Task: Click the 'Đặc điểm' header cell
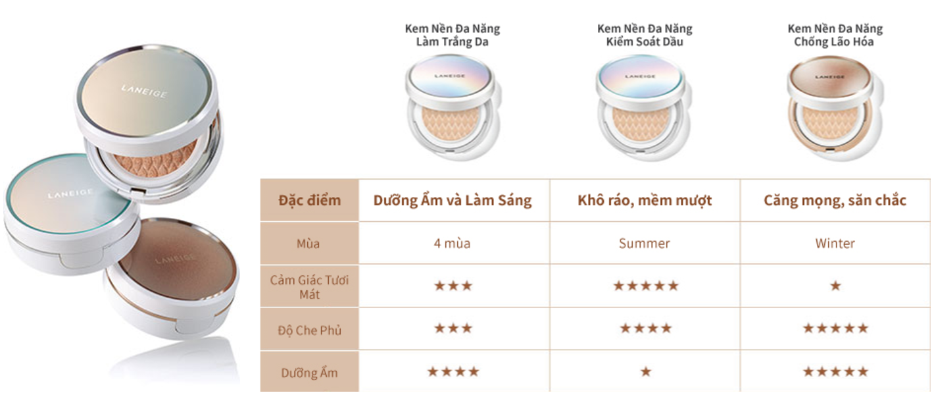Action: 309,200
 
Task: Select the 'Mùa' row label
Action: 308,244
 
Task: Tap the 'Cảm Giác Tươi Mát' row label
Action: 309,287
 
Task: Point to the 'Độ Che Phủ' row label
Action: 309,330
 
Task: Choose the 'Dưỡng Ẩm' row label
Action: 309,373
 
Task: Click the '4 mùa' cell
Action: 452,244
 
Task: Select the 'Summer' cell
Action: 644,244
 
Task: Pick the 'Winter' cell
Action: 835,244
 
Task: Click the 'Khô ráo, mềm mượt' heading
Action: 645,200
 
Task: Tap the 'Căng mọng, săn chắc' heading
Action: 835,200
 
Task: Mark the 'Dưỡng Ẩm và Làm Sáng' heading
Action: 453,200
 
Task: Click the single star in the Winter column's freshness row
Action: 835,286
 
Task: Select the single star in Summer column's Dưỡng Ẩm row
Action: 646,371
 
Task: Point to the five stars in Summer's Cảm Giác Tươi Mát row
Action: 646,286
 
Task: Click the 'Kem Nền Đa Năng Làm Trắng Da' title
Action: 453,35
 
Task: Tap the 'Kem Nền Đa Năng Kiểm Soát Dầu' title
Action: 645,35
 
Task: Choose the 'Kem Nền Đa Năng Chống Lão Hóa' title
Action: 835,35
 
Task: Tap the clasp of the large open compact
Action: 138,192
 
